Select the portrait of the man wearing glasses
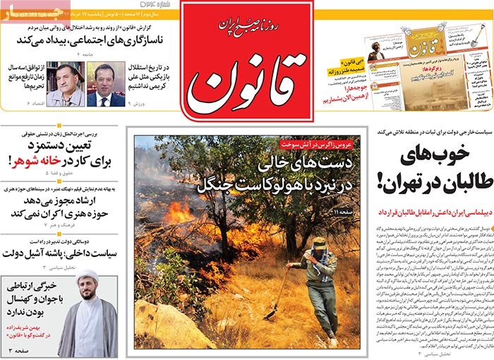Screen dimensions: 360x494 (x=65, y=85)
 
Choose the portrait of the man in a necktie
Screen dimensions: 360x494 (x=106, y=85)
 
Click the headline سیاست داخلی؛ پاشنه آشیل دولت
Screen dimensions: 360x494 (x=62, y=253)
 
